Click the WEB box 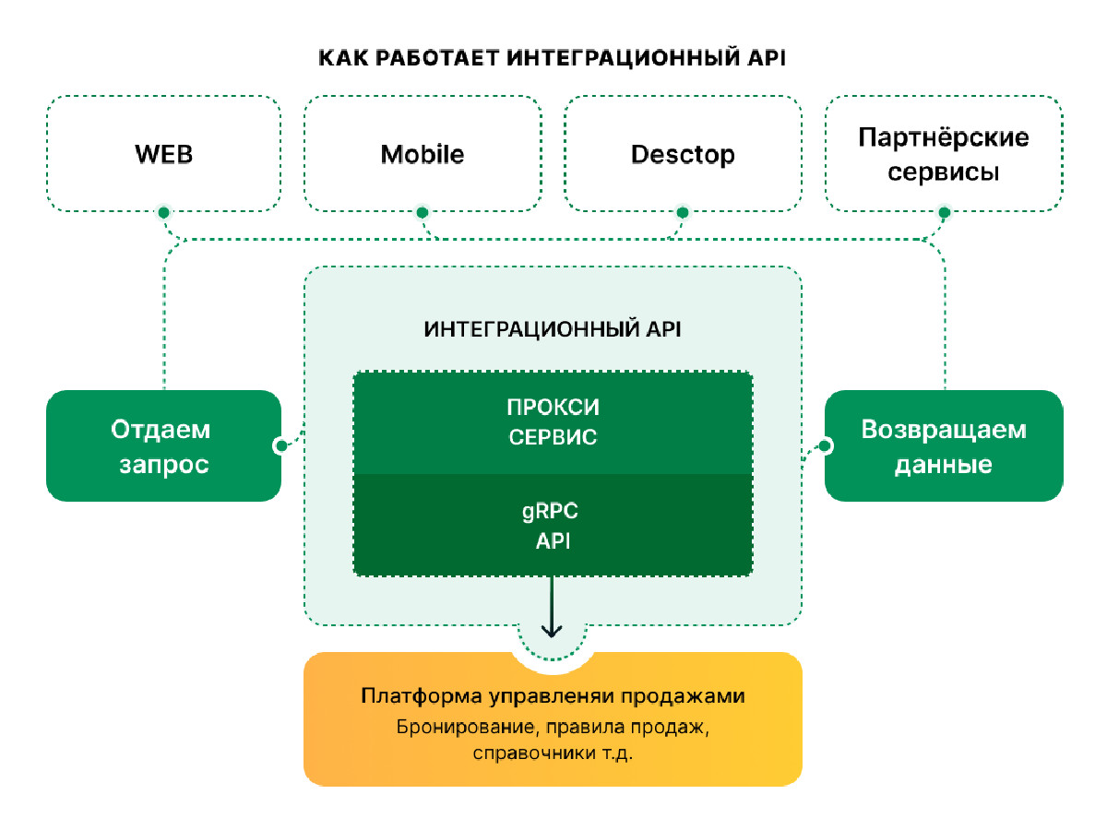(164, 153)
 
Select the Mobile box (423, 153)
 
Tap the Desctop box (683, 153)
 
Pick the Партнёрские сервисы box (943, 154)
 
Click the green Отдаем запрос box (163, 446)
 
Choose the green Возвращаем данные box (943, 446)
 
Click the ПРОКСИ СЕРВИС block (553, 422)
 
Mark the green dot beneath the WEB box (163, 213)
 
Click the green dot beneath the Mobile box (423, 213)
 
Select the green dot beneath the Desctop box (683, 213)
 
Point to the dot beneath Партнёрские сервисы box (944, 213)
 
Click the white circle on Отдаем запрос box (280, 446)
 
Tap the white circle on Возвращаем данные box (826, 446)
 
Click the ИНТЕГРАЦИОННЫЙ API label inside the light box (553, 329)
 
